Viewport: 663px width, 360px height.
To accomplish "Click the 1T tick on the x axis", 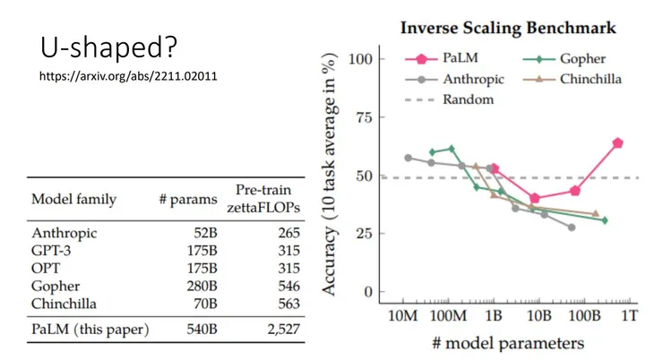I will [631, 315].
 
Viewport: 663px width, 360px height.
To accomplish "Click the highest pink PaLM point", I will [617, 143].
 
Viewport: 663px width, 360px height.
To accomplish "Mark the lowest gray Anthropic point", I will [572, 227].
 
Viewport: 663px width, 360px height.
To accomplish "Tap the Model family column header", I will [73, 199].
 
